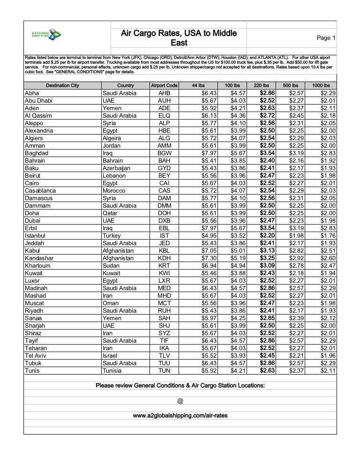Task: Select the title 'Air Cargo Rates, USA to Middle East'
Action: (x=179, y=38)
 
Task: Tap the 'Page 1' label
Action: (x=326, y=38)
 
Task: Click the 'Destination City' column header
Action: (x=62, y=85)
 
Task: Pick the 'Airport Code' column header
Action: (x=164, y=85)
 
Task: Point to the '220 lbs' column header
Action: (x=261, y=85)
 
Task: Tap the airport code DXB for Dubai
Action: (x=164, y=220)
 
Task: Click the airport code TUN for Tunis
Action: (x=164, y=370)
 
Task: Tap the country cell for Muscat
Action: (x=111, y=303)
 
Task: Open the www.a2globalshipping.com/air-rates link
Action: (x=180, y=415)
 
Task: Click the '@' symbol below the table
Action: (x=180, y=401)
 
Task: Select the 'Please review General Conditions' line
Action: (x=180, y=385)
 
